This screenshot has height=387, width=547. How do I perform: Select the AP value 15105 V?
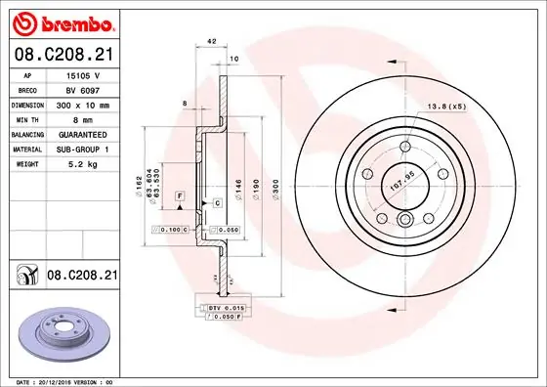(x=82, y=74)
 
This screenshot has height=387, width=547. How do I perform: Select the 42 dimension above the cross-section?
(x=211, y=42)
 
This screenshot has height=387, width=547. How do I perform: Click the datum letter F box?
(x=181, y=196)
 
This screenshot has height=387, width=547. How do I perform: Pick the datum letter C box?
(x=217, y=201)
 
